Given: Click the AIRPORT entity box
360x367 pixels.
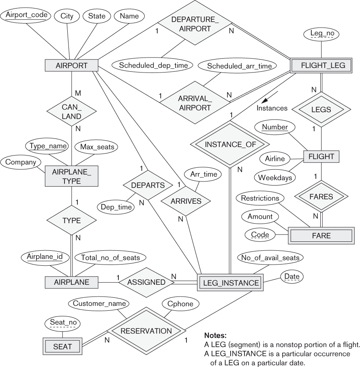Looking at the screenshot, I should (x=71, y=66).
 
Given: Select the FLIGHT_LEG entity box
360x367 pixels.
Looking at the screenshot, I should (x=321, y=66).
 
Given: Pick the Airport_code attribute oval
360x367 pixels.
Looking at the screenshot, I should (x=25, y=16).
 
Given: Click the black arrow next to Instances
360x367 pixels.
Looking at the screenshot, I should (x=266, y=99).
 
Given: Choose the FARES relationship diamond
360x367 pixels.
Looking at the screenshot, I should (x=321, y=197).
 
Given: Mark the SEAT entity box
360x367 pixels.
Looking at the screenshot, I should (x=62, y=346).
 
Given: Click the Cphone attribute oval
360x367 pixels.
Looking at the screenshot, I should (x=180, y=303).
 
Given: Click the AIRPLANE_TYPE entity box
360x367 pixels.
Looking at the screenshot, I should (x=72, y=177).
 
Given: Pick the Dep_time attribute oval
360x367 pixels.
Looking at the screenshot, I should (x=116, y=207).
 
